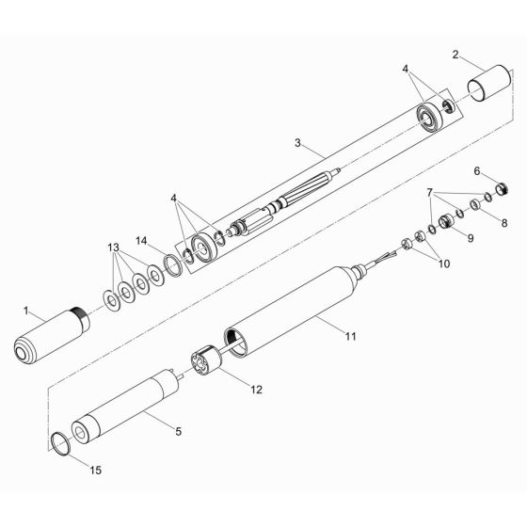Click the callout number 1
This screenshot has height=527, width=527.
pyautogui.click(x=27, y=309)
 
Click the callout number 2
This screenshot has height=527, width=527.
pyautogui.click(x=455, y=56)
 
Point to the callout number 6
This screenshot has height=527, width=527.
pyautogui.click(x=476, y=171)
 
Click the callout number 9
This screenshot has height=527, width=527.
pyautogui.click(x=470, y=239)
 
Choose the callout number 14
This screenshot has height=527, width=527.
pyautogui.click(x=142, y=242)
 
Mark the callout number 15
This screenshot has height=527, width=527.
pyautogui.click(x=71, y=468)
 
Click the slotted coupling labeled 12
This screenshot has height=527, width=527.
pyautogui.click(x=203, y=362)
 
